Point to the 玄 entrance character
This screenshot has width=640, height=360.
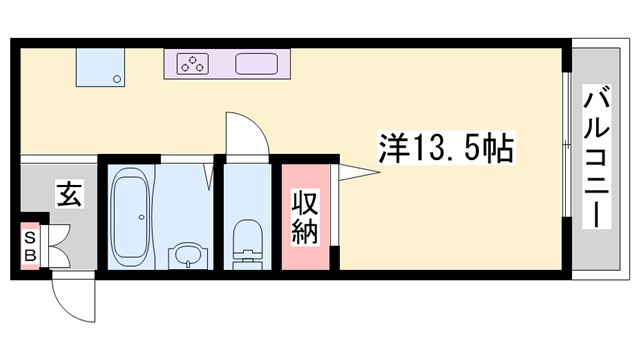[x=69, y=193]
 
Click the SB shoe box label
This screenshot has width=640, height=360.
[x=30, y=245]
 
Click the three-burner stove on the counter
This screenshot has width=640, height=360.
[x=192, y=64]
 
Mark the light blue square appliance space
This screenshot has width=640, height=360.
[x=103, y=66]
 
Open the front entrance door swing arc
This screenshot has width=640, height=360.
[x=73, y=296]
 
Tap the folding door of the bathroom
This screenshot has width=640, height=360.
[x=211, y=172]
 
